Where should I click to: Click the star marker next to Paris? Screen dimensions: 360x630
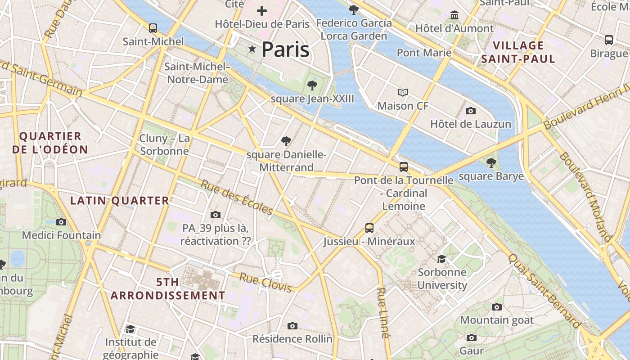pos(252,49)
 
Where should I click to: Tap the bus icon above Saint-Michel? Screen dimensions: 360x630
pos(153,28)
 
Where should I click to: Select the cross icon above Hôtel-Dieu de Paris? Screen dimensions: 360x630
pos(262,11)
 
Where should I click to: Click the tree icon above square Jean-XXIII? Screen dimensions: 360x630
pos(311,85)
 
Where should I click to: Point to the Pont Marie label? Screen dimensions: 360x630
pos(424,53)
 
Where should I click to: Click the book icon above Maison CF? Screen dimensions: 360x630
pos(403,93)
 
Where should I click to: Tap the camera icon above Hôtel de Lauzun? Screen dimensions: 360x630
pos(471,111)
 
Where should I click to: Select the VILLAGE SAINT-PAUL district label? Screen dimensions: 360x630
pos(518,52)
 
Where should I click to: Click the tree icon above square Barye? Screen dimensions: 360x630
pos(491,163)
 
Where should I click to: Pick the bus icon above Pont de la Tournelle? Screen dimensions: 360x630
pos(404,167)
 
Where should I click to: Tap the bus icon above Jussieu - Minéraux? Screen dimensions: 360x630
pos(369,228)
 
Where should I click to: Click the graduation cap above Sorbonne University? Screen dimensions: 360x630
pos(442,259)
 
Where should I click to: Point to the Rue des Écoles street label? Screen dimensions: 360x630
pos(237,198)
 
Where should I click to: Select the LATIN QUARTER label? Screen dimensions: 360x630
pos(120,201)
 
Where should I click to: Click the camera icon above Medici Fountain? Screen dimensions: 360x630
pos(61,222)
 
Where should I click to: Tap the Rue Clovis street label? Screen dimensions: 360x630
pos(265,282)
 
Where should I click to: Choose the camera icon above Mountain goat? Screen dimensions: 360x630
pos(497,307)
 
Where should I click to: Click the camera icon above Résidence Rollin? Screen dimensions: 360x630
pos(292,326)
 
